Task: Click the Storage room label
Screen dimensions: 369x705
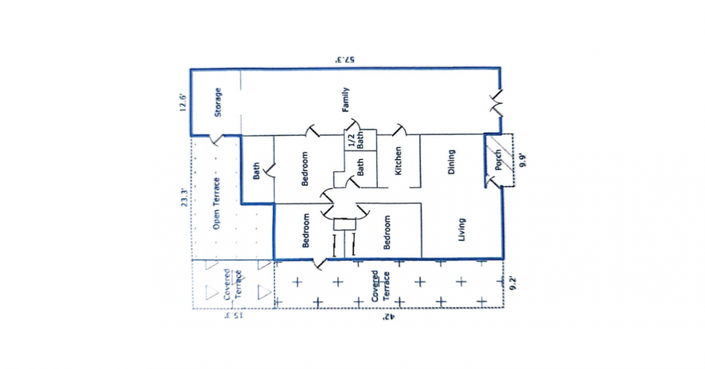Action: pyautogui.click(x=217, y=103)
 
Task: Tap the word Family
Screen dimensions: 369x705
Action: pyautogui.click(x=346, y=100)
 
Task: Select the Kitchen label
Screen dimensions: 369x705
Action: pyautogui.click(x=399, y=161)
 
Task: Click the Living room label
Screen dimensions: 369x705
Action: pyautogui.click(x=462, y=229)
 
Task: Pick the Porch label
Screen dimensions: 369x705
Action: pyautogui.click(x=498, y=161)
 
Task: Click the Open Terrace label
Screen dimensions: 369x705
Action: pyautogui.click(x=217, y=209)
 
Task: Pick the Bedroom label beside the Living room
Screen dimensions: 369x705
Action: pyautogui.click(x=388, y=233)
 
